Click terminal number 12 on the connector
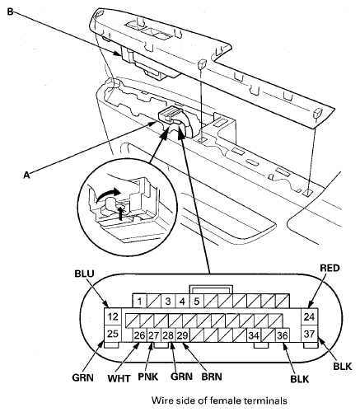[x=113, y=316]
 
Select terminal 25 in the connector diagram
[x=113, y=334]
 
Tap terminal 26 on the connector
[x=140, y=335]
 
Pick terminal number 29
[x=183, y=335]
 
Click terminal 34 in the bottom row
[x=254, y=335]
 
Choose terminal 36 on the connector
[x=283, y=335]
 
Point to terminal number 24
[x=310, y=316]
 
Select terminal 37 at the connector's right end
[x=310, y=334]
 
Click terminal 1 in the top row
[x=140, y=302]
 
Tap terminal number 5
[x=197, y=302]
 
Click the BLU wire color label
[x=84, y=274]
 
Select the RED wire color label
[x=330, y=268]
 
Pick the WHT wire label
[x=119, y=378]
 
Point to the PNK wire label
[x=148, y=377]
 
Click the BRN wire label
[x=212, y=377]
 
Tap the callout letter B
[x=10, y=12]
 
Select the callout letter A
[x=26, y=175]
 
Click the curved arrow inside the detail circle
[x=108, y=194]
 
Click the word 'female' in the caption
[x=229, y=400]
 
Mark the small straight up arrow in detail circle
[x=120, y=213]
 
